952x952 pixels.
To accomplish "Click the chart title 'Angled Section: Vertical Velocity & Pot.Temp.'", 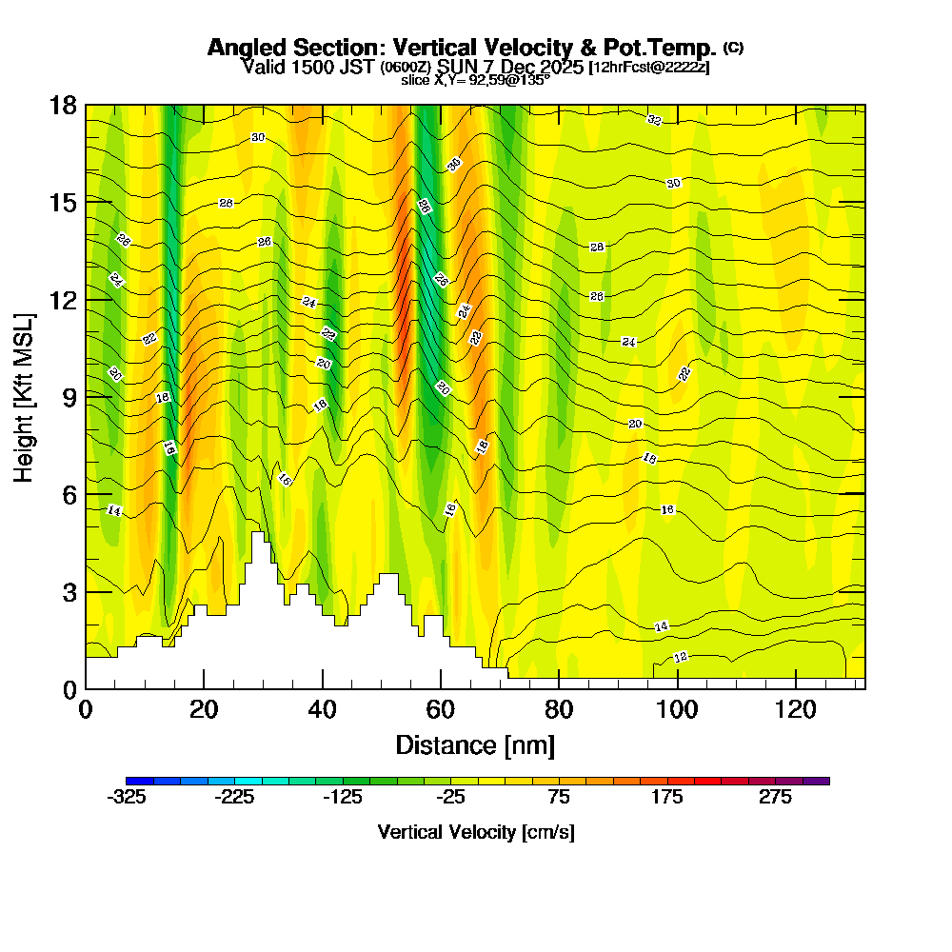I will [462, 48].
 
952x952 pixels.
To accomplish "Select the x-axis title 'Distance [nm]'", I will [475, 744].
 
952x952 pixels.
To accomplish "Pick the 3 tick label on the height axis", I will [69, 592].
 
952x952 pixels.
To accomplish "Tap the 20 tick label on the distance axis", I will [204, 709].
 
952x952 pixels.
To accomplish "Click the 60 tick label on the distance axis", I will [441, 709].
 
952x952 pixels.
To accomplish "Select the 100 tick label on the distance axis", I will [677, 709].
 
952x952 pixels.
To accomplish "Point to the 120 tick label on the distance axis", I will [796, 709].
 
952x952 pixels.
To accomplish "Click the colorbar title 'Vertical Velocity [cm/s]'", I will [476, 832].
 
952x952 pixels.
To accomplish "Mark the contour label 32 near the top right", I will [654, 120].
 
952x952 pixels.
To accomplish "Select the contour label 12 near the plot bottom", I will [681, 657].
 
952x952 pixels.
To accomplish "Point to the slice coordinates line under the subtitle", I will [475, 80].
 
